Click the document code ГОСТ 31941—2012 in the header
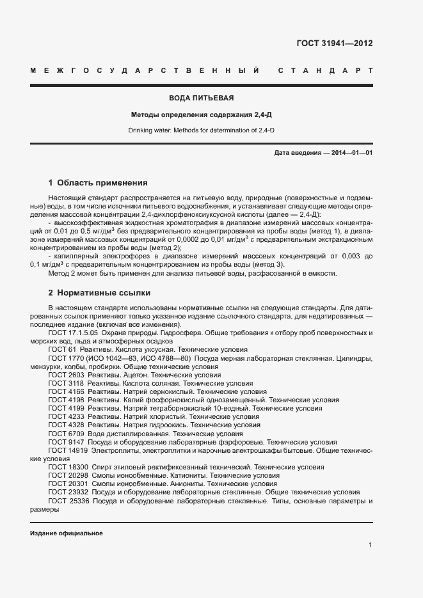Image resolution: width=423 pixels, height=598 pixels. [x=334, y=43]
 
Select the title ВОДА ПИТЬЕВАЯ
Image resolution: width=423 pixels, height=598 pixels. [x=201, y=98]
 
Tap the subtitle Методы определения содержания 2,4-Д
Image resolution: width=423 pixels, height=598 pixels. [x=201, y=115]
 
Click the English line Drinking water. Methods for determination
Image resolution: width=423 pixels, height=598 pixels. [x=201, y=130]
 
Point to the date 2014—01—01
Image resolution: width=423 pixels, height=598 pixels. [x=349, y=153]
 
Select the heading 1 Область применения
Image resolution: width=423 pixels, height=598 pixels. [x=98, y=182]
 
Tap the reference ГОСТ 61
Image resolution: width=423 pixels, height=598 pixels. [x=62, y=350]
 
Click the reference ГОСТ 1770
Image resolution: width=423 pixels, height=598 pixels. [x=66, y=358]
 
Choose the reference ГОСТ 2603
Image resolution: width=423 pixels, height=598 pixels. [x=66, y=375]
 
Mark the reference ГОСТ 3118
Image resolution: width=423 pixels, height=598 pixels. [x=66, y=383]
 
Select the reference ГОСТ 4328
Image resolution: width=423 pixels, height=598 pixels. [x=66, y=425]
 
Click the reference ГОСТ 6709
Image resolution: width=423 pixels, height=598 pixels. [x=66, y=433]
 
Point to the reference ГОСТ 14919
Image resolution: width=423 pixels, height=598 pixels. [x=68, y=450]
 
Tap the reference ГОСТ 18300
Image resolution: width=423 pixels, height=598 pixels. [x=68, y=467]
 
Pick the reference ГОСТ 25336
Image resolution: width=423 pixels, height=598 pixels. [x=68, y=501]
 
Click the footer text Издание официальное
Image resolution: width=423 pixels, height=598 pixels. [x=67, y=533]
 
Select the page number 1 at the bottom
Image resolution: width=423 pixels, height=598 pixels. [x=370, y=545]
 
